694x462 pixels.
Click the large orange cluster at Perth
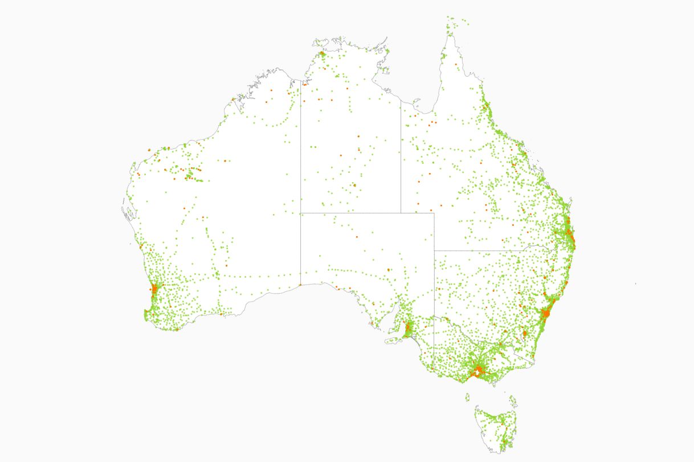154,288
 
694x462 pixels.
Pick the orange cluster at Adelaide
409,328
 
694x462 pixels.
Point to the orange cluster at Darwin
322,55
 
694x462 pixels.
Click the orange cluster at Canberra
525,333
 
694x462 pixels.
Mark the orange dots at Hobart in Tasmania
504,441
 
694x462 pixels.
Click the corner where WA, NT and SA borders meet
300,213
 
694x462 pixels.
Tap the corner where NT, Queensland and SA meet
401,213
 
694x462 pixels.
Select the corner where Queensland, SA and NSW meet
434,250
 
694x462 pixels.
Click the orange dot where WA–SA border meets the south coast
300,284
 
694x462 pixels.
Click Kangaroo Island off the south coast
391,341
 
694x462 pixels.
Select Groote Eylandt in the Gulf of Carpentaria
387,71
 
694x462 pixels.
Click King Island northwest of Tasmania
467,397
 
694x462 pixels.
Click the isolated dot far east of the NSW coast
636,284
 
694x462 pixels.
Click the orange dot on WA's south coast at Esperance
221,313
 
